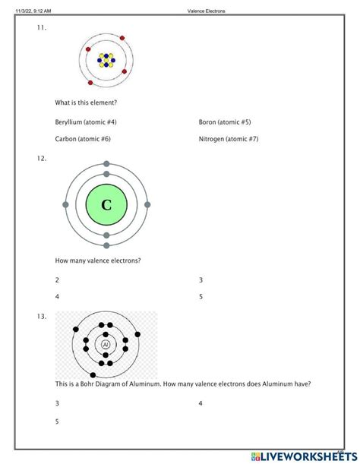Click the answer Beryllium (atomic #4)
click(x=86, y=122)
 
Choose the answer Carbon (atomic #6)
click(x=83, y=139)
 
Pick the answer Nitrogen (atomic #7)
click(x=229, y=139)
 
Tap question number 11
click(x=41, y=28)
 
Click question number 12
click(x=41, y=159)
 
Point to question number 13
click(x=41, y=316)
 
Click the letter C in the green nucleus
click(x=106, y=205)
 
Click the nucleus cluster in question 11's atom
click(x=106, y=59)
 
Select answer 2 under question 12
click(x=57, y=279)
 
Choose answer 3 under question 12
click(x=201, y=279)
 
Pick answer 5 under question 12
click(x=201, y=296)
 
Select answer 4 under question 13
click(x=201, y=403)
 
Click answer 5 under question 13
click(x=57, y=421)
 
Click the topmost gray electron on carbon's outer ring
click(x=106, y=164)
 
